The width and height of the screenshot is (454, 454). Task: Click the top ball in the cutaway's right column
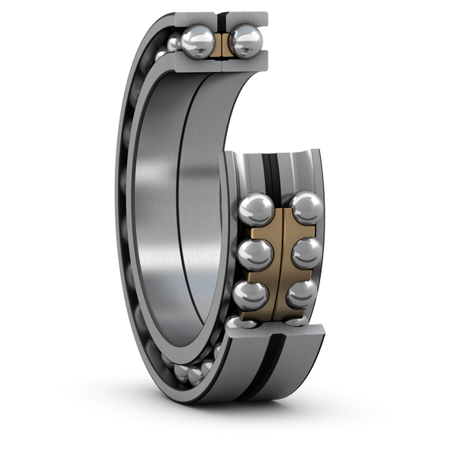(306, 208)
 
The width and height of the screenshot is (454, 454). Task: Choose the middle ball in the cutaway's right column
(306, 253)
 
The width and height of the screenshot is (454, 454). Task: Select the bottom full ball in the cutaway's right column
(301, 295)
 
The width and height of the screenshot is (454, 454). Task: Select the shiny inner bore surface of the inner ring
(163, 227)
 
